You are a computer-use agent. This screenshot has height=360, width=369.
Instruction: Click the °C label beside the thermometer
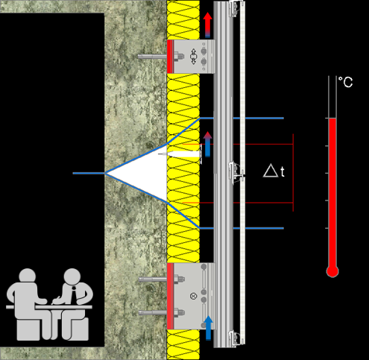346,82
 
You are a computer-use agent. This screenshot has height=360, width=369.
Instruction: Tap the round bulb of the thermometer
332,271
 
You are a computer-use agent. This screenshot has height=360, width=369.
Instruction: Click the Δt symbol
274,171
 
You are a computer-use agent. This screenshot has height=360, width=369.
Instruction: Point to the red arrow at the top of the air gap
208,25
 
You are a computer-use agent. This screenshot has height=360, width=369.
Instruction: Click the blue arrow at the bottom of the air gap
208,328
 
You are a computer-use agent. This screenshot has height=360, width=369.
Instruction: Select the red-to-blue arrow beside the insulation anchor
208,145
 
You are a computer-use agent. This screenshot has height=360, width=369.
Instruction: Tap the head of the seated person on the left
28,277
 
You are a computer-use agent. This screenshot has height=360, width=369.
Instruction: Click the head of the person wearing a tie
72,277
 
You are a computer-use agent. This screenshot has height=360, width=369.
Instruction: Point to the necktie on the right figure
74,293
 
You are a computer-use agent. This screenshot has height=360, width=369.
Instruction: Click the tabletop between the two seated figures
49,307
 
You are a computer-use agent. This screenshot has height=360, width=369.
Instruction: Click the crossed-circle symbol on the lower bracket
193,296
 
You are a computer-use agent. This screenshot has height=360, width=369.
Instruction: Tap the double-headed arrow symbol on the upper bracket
194,57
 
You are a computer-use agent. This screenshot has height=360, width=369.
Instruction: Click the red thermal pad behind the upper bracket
170,57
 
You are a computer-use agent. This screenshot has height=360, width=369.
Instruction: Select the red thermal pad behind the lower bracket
170,296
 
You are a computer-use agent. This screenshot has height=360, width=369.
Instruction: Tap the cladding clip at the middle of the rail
236,172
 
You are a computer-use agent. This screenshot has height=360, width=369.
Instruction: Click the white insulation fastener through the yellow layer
181,154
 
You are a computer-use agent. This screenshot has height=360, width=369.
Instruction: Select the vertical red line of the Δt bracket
293,173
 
